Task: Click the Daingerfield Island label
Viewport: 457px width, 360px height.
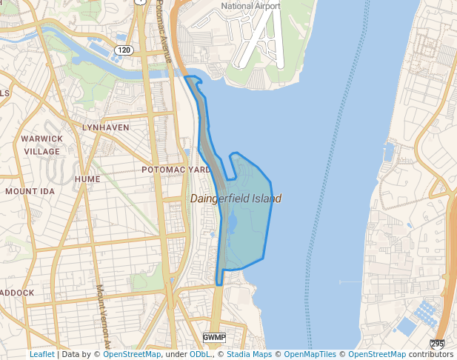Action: click(236, 199)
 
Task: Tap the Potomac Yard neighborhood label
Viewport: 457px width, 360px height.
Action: click(176, 170)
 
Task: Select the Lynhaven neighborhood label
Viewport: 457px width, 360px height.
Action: click(105, 127)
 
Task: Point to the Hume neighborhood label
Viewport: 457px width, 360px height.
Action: click(87, 179)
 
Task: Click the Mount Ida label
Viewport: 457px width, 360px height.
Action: click(30, 191)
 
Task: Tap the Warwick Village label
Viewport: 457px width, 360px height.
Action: click(41, 145)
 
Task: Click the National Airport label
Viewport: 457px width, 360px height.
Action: click(251, 7)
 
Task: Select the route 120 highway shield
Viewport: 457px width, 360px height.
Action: click(124, 50)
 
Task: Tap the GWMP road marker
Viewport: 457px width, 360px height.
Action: click(213, 338)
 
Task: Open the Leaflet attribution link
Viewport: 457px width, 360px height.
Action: click(41, 355)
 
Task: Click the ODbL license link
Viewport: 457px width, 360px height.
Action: click(199, 355)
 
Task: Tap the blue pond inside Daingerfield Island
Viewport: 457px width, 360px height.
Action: click(230, 222)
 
